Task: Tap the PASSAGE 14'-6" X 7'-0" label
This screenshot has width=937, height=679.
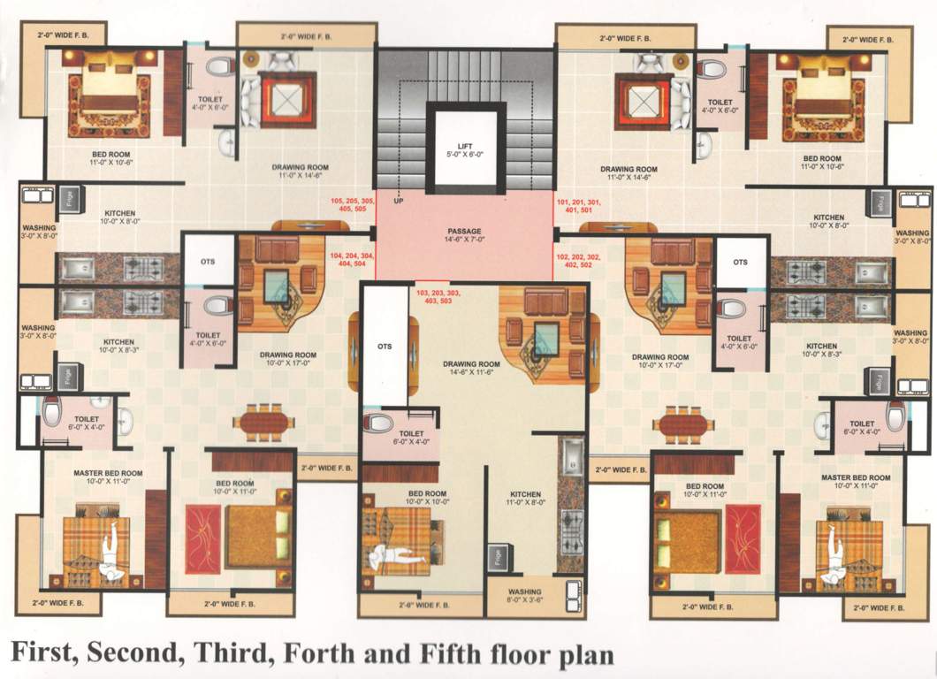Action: [x=465, y=236]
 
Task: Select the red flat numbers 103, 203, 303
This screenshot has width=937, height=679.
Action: [x=438, y=296]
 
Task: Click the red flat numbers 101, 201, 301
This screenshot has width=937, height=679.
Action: [x=579, y=207]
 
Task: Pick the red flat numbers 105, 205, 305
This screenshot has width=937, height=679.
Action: [x=353, y=206]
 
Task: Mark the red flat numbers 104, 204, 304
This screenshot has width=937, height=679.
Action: [x=352, y=260]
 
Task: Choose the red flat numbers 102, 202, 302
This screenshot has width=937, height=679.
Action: [x=579, y=261]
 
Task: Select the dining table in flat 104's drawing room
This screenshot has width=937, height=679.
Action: [x=263, y=423]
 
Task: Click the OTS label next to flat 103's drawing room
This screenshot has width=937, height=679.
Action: [x=384, y=347]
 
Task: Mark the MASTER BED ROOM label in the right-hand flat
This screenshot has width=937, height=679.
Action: [x=854, y=481]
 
